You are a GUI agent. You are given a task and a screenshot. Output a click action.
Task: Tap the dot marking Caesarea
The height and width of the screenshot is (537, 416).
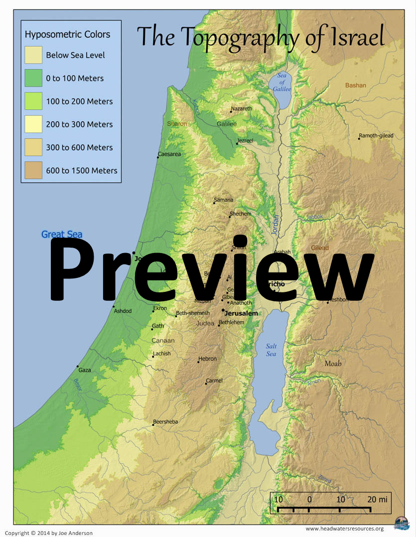click(158, 158)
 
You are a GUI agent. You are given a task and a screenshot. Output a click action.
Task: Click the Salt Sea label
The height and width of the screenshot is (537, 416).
click(271, 350)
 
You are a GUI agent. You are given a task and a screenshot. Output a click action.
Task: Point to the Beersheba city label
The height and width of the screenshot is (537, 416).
click(165, 422)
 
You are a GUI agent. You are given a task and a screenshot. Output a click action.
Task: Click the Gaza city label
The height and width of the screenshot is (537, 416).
click(85, 370)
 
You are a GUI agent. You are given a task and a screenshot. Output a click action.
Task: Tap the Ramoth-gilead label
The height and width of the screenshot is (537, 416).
click(376, 136)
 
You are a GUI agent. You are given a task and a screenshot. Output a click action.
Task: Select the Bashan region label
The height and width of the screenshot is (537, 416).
click(356, 86)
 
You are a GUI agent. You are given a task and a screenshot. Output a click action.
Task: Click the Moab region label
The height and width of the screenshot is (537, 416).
click(333, 363)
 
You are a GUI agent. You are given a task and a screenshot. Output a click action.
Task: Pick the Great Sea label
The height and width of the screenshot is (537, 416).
click(62, 235)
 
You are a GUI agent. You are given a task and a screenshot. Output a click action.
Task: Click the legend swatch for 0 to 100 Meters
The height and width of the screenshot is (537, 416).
click(33, 78)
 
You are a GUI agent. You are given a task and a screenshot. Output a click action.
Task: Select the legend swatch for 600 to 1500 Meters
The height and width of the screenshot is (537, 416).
click(33, 171)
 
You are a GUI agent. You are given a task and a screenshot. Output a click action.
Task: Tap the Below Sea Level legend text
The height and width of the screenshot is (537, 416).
click(75, 55)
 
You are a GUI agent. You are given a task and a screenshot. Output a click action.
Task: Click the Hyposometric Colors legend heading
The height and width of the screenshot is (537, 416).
click(67, 35)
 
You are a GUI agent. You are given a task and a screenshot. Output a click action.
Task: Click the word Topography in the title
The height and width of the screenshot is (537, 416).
click(241, 37)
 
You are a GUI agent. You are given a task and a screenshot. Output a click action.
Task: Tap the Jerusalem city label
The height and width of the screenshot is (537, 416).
click(241, 314)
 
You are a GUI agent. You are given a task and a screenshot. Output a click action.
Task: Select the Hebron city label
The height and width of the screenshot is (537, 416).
click(207, 358)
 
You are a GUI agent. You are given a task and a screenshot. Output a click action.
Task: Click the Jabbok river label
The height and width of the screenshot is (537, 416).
click(315, 217)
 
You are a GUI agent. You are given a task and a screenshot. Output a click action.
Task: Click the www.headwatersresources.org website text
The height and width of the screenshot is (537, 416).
click(344, 529)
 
